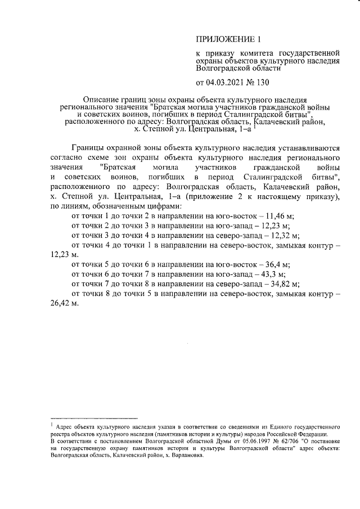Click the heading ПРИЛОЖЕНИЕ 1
[x=228, y=39]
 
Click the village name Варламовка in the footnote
[x=183, y=456]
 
